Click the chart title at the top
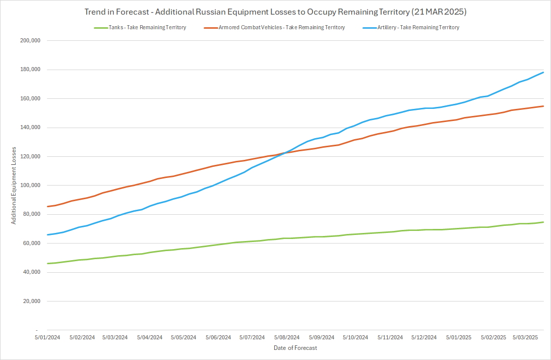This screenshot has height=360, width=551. (x=275, y=11)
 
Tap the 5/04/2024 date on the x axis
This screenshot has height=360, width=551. (x=150, y=337)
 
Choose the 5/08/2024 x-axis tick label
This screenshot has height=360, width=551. (x=287, y=337)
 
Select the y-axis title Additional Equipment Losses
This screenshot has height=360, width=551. (x=15, y=186)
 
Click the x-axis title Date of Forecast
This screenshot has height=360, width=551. (x=295, y=348)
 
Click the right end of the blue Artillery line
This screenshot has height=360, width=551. (x=543, y=72)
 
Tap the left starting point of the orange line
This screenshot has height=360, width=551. (x=47, y=207)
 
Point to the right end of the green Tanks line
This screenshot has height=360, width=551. (x=543, y=222)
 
